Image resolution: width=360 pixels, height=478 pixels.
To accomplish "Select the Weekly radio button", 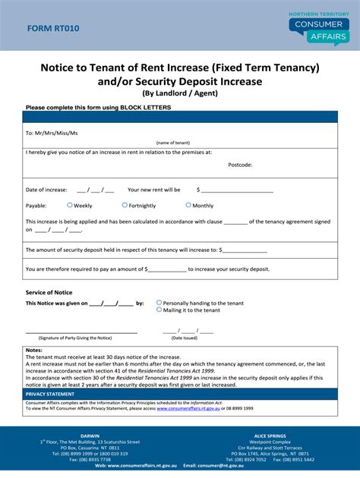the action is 70,205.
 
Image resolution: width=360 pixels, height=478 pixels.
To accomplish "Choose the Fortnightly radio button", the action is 125,205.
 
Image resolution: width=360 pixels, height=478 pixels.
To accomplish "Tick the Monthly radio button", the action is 188,205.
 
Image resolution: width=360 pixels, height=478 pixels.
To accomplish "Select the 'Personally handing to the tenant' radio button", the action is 159,302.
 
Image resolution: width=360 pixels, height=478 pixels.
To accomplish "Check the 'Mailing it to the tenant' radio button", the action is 159,310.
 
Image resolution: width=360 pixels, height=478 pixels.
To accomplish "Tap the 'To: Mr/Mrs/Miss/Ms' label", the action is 52,133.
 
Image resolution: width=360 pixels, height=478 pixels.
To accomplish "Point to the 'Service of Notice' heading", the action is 49,292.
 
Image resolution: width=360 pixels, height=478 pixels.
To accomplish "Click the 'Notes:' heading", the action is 34,350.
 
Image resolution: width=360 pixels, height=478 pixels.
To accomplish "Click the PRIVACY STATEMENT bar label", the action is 50,395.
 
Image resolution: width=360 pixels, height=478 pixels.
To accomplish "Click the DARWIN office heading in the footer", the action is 90,436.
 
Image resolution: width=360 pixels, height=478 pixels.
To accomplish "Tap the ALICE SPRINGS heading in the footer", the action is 271,436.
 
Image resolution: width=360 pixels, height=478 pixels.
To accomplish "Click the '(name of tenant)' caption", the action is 173,142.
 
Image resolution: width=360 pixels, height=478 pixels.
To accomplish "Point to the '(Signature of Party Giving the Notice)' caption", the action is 75,337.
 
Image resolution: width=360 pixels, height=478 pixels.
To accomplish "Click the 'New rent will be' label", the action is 154,190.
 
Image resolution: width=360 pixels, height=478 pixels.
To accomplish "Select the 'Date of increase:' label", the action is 46,190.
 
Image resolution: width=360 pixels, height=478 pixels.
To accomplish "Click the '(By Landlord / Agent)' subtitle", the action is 179,93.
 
